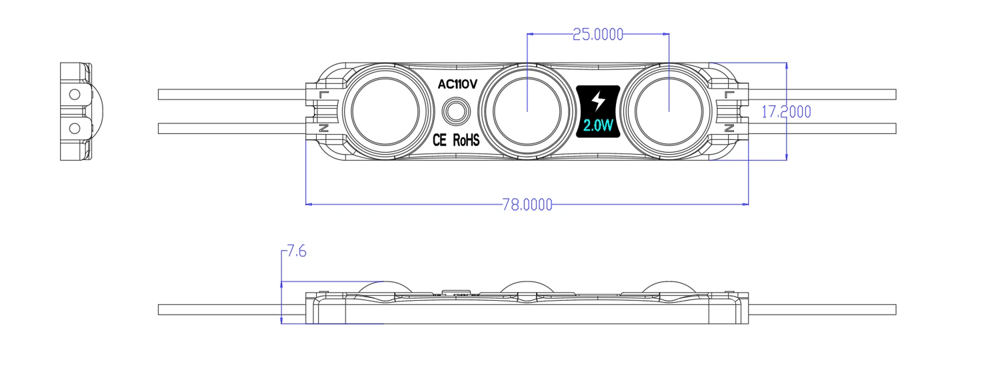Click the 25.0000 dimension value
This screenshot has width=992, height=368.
(598, 35)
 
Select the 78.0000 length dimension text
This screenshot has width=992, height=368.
(527, 205)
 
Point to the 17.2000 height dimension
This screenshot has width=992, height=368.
(786, 111)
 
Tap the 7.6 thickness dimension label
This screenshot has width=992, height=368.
(296, 251)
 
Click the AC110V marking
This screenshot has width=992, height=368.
(457, 84)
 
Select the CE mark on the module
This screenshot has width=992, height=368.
(439, 141)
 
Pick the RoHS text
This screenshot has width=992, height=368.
(466, 141)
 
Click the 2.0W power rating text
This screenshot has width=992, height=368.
(598, 126)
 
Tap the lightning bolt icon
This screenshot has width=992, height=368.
(598, 101)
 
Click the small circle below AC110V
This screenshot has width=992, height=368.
(456, 110)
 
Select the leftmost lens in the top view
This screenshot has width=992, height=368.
(385, 111)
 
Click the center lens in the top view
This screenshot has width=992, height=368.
(527, 111)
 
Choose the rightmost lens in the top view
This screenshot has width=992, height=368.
(669, 111)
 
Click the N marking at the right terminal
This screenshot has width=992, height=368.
(729, 129)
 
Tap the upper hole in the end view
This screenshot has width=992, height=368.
(75, 94)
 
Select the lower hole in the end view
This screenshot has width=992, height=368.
(75, 129)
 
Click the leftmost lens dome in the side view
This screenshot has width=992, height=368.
(385, 287)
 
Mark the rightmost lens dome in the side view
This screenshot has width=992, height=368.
(669, 287)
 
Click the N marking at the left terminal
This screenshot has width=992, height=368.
(324, 129)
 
